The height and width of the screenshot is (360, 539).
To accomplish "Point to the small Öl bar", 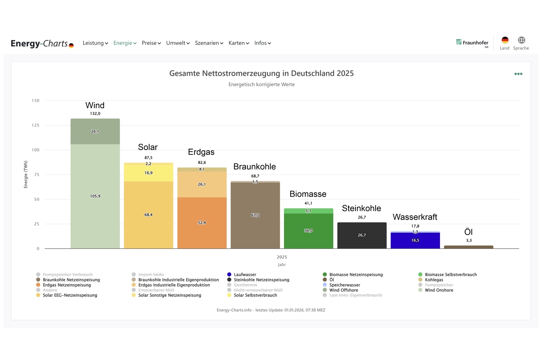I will pyautogui.click(x=469, y=247).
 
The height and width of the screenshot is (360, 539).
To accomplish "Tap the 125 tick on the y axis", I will pyautogui.click(x=35, y=125).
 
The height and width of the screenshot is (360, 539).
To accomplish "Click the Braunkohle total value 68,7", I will pyautogui.click(x=255, y=176).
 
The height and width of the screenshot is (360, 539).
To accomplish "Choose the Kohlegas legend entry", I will pyautogui.click(x=434, y=280).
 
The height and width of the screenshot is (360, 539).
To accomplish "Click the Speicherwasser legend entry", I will pyautogui.click(x=344, y=285).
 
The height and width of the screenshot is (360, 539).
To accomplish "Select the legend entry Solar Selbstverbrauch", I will pyautogui.click(x=255, y=295).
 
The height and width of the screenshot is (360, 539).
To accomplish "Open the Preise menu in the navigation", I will pyautogui.click(x=151, y=43).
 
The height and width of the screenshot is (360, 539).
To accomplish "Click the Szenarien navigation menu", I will pyautogui.click(x=209, y=43).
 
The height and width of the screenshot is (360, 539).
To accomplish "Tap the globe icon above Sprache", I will pyautogui.click(x=521, y=40).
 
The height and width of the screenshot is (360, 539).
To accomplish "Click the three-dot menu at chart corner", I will pyautogui.click(x=518, y=74).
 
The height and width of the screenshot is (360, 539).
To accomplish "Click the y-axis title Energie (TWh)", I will pyautogui.click(x=26, y=174).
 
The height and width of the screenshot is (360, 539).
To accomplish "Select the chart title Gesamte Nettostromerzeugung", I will pyautogui.click(x=261, y=73).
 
